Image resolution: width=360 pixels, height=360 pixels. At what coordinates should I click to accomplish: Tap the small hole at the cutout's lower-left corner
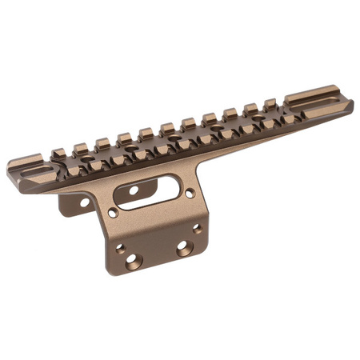(113, 214)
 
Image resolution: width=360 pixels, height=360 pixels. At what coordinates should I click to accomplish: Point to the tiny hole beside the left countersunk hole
(120, 248)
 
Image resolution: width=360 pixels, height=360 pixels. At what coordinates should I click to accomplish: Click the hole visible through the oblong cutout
(133, 190)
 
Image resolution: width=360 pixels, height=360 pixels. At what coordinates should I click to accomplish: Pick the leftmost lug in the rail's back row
(80, 149)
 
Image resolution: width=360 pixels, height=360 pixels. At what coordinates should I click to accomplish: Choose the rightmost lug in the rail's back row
(270, 103)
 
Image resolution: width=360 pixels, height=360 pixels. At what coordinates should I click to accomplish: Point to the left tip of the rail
(10, 170)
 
